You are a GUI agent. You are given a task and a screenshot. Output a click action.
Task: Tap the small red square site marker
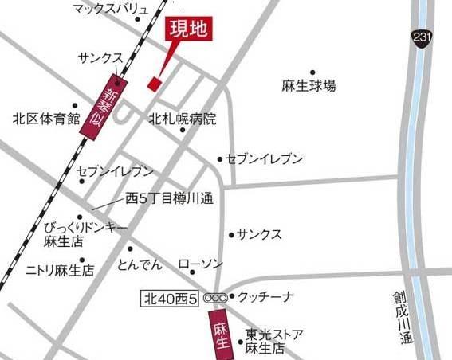(x=155, y=82)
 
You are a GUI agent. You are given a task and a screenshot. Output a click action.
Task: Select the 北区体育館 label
(x=46, y=119)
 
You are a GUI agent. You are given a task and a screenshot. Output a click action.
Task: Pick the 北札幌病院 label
(x=183, y=119)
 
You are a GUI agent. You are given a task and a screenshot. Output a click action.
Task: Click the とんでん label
(x=139, y=264)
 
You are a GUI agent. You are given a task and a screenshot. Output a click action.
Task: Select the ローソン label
(x=200, y=264)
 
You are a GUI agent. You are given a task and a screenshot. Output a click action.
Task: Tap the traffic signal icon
(x=214, y=298)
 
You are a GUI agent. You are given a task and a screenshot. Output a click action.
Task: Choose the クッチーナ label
(x=265, y=297)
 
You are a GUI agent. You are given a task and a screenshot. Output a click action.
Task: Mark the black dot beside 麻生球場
(x=312, y=72)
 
